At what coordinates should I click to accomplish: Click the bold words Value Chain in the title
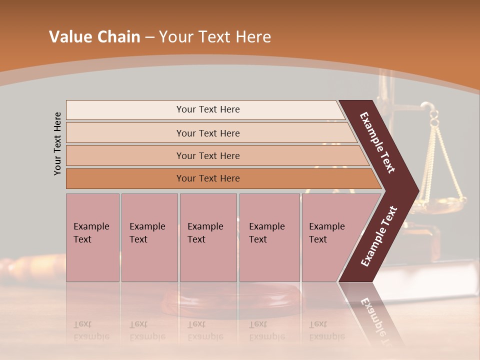[94, 37]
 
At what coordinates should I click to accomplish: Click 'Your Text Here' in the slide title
[215, 37]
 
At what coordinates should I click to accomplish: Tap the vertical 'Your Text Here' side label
[58, 143]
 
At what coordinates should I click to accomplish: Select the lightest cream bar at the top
[207, 109]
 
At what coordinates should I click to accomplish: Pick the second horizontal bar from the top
[207, 133]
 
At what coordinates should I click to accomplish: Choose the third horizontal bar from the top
[207, 155]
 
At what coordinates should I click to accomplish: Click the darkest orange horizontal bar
[207, 178]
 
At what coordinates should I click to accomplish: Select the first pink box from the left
[92, 237]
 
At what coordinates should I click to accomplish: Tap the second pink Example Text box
[149, 237]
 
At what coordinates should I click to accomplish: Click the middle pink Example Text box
[208, 237]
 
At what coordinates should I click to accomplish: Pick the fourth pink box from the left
[269, 237]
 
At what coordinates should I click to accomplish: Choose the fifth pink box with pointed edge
[330, 237]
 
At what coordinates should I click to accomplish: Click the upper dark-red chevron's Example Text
[377, 142]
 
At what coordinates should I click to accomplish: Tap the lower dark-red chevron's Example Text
[379, 236]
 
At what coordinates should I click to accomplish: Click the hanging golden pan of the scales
[445, 202]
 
